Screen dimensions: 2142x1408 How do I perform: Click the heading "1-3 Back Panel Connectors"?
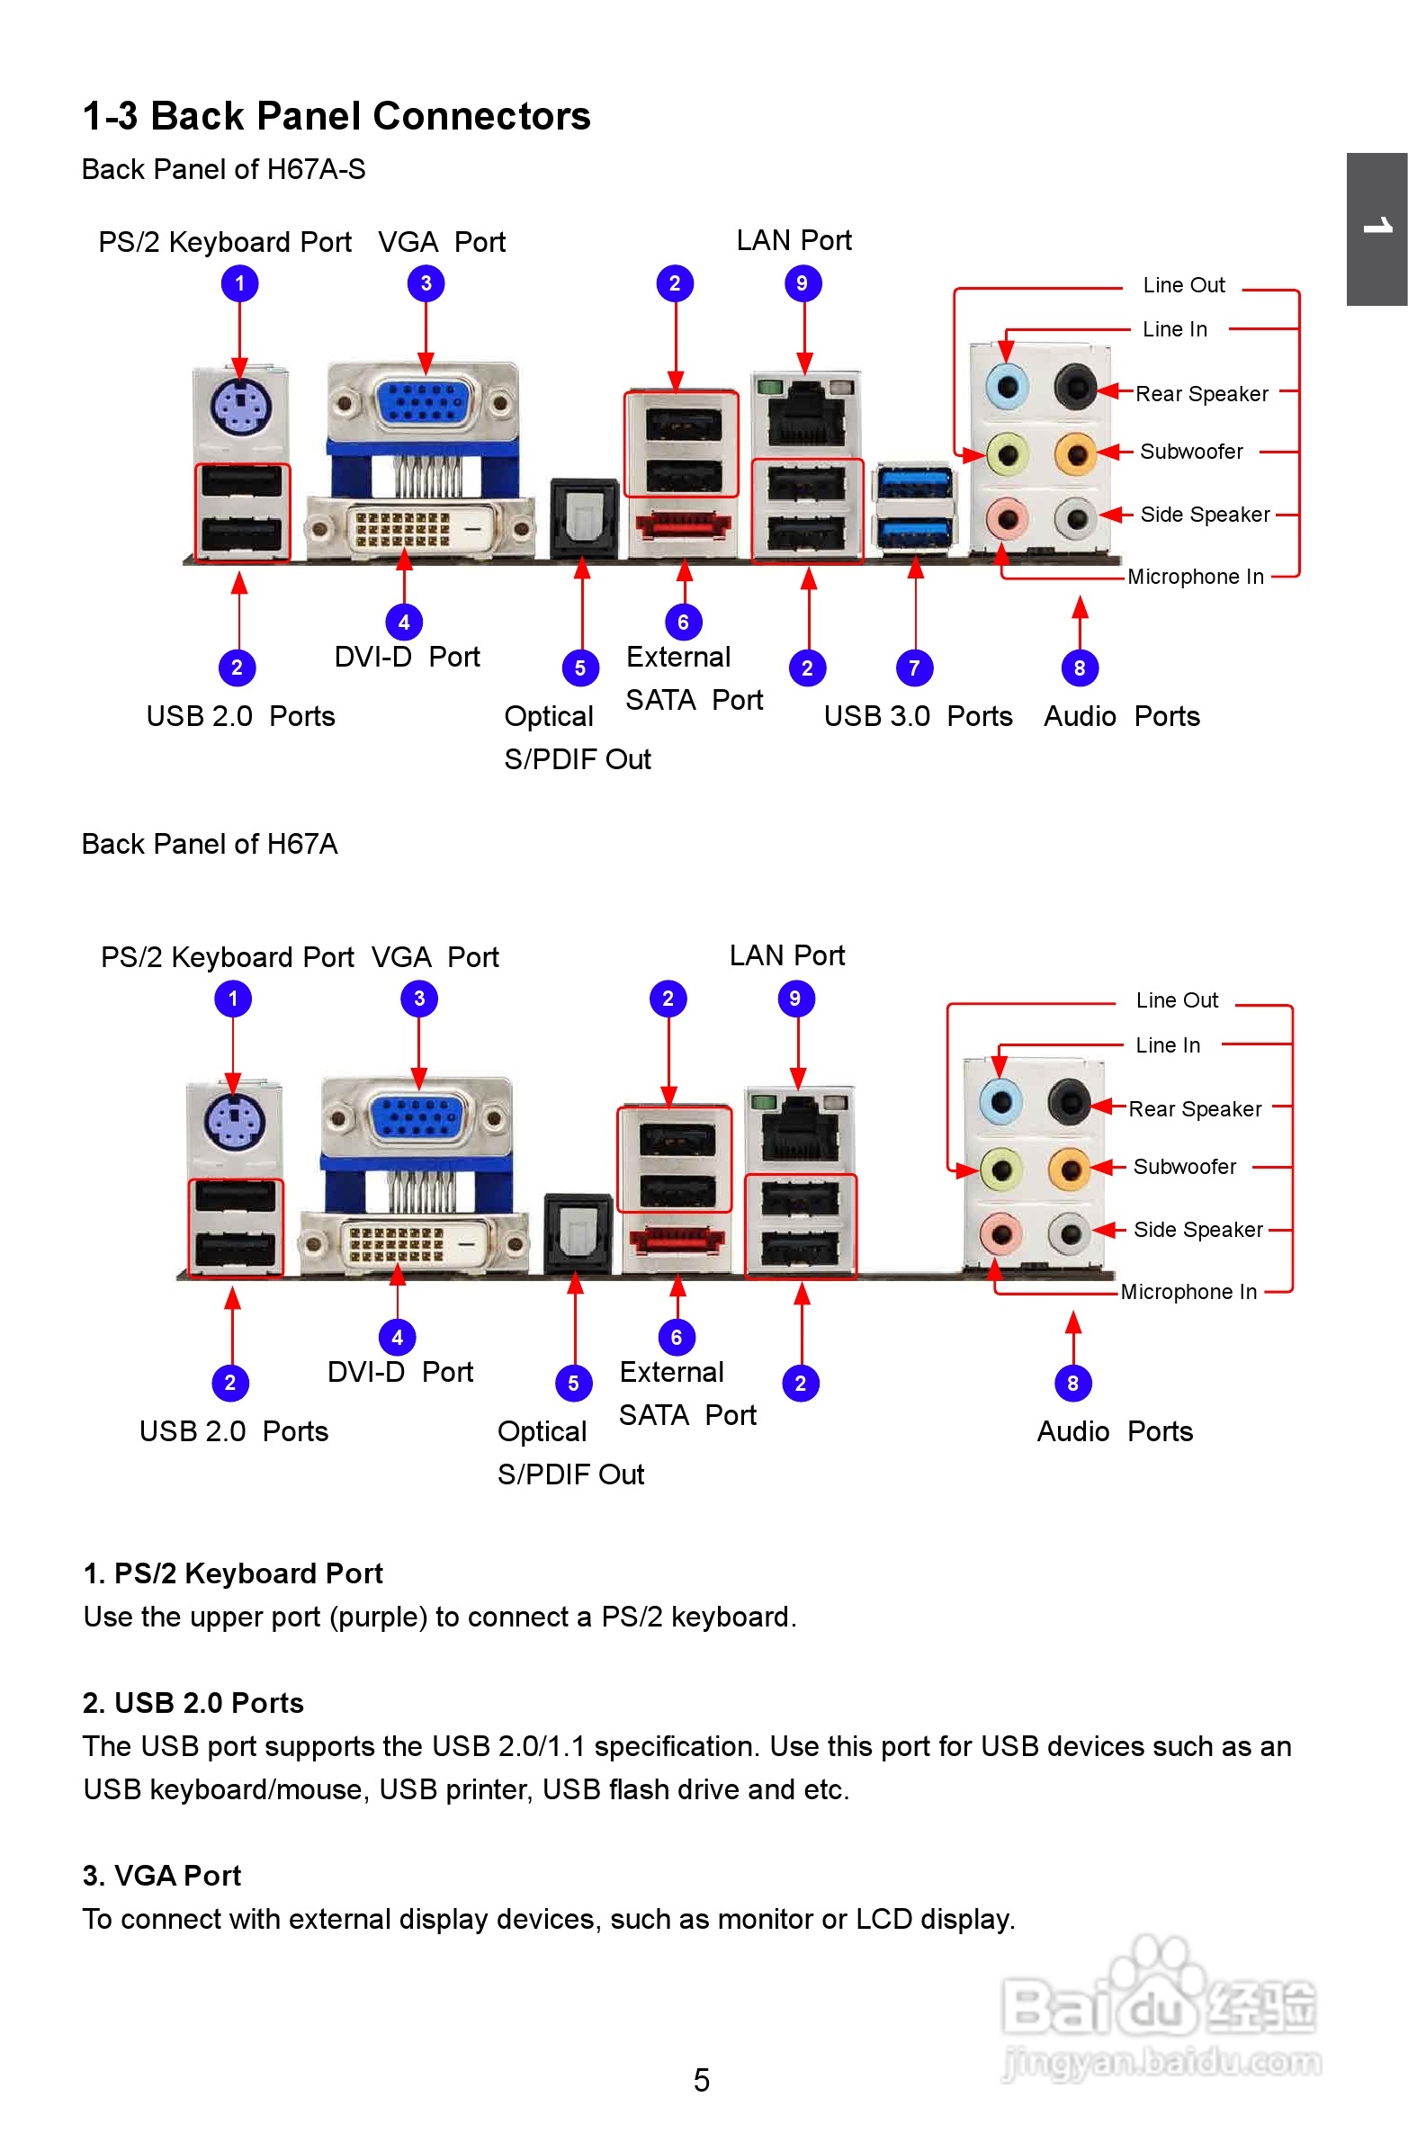(336, 117)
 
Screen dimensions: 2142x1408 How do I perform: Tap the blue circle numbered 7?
(914, 668)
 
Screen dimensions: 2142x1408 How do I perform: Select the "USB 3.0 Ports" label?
(918, 716)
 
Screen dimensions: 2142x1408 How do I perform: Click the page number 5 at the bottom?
(701, 2080)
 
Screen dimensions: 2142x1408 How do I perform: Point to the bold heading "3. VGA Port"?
(162, 1876)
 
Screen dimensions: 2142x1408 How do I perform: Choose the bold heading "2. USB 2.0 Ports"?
(193, 1703)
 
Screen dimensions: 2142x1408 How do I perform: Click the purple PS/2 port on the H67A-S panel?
(240, 406)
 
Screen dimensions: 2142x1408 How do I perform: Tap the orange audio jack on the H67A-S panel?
(1075, 453)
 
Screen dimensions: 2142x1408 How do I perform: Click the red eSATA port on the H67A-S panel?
(682, 524)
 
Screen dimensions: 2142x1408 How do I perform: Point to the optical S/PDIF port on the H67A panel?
(577, 1231)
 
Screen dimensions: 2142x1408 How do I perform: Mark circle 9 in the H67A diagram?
(795, 998)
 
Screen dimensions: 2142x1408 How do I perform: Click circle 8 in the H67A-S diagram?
(1080, 668)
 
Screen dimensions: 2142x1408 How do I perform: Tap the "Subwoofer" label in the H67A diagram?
(1184, 1167)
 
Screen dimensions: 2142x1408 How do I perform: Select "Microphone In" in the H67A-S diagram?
(1196, 577)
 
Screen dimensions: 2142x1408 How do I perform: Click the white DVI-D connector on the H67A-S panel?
(416, 529)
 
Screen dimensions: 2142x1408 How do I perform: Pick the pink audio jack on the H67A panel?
(1000, 1233)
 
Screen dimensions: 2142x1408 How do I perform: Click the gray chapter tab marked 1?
(1377, 229)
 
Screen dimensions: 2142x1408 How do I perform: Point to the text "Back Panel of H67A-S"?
(223, 169)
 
